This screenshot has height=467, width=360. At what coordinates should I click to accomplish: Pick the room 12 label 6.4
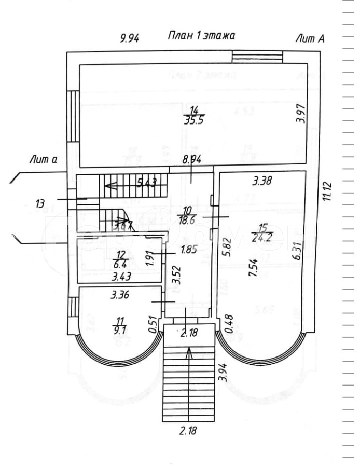(120, 258)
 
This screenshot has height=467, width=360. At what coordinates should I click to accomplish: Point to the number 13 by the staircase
(40, 203)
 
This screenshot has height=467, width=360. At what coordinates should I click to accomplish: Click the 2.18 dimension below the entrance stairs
(189, 430)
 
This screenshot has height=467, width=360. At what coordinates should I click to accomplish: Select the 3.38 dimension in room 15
(262, 181)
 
